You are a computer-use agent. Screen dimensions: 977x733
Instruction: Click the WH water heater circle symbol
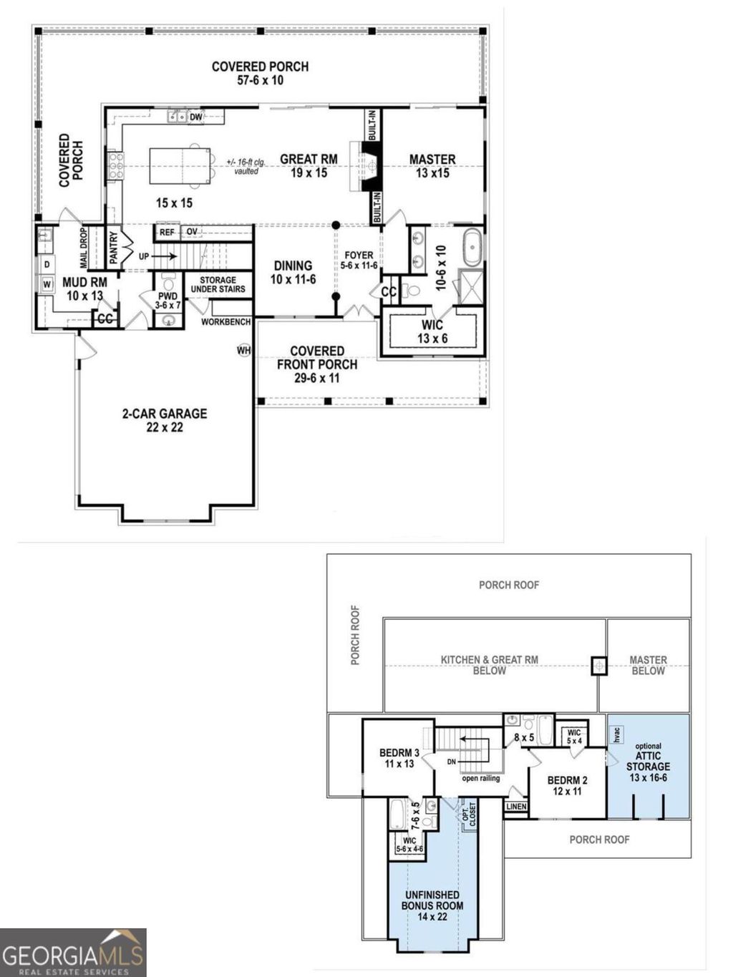click(x=244, y=350)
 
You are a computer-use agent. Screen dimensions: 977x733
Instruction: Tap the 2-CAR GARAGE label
click(x=165, y=420)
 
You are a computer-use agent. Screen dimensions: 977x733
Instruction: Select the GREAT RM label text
click(x=309, y=165)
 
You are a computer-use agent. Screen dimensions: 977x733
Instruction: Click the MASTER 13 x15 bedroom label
click(x=432, y=165)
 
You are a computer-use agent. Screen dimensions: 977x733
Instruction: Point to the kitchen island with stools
click(x=180, y=166)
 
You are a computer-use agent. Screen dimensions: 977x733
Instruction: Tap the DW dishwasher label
click(x=196, y=117)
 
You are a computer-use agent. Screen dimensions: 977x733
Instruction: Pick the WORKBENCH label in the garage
click(x=225, y=322)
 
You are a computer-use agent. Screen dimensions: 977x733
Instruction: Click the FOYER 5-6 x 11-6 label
click(x=359, y=260)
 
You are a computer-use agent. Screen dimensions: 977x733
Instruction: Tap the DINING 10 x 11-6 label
click(x=293, y=272)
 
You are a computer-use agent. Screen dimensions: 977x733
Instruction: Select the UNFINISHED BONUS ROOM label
click(x=432, y=905)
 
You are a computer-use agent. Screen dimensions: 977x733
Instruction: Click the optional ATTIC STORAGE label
click(x=648, y=762)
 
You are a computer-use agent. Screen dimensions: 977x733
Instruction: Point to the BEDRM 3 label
click(x=399, y=758)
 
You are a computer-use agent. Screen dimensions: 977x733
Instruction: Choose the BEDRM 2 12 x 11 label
click(x=567, y=785)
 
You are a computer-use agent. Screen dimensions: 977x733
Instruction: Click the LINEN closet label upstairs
click(x=516, y=807)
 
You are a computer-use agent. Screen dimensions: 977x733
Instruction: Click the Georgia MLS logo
click(x=73, y=953)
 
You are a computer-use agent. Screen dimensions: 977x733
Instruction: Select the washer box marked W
click(x=47, y=284)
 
